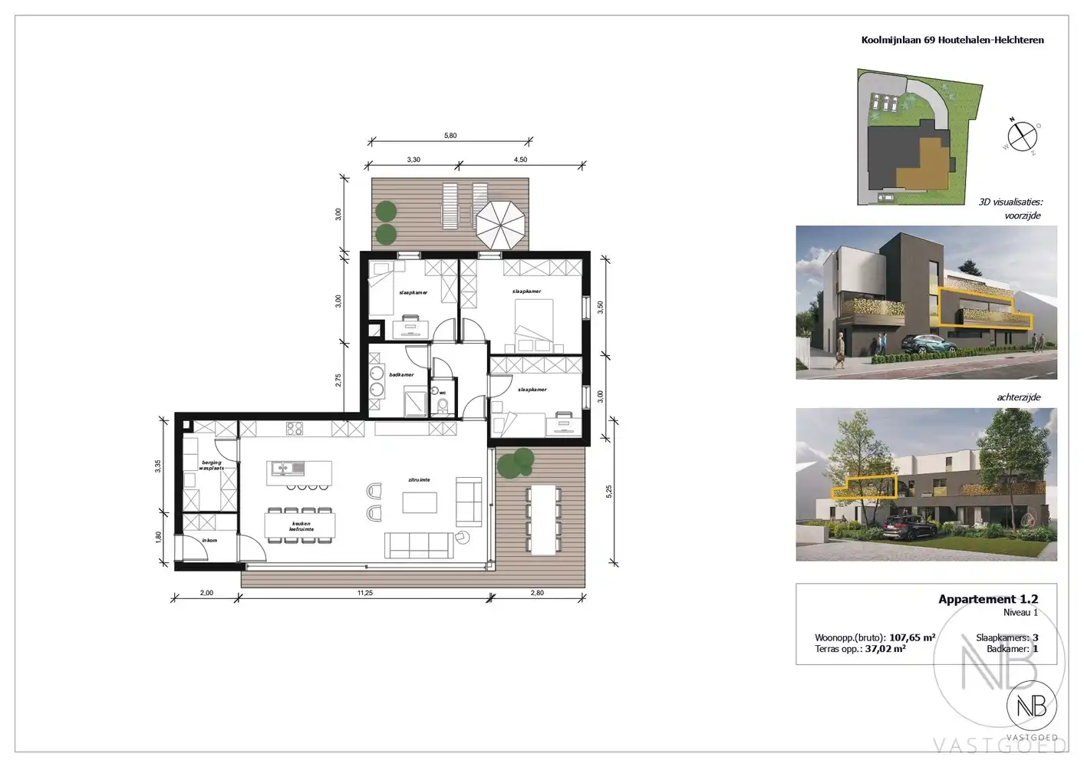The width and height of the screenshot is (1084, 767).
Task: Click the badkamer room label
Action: (x=401, y=375)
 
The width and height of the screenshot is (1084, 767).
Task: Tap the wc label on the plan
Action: (x=443, y=393)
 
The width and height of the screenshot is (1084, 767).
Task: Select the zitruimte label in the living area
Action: (x=419, y=480)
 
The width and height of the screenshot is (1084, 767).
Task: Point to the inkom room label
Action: (x=209, y=541)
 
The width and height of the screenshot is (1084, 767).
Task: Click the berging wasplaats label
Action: (x=212, y=466)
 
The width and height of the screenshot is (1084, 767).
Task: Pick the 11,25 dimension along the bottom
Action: (x=364, y=593)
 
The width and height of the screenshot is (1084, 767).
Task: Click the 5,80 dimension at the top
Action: (x=450, y=136)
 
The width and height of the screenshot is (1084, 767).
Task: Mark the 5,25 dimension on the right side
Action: (x=609, y=492)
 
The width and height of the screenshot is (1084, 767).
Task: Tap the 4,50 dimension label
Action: (x=520, y=160)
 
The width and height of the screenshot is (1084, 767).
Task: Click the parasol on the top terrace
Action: (x=501, y=222)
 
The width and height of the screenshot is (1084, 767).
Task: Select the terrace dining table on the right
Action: (x=545, y=520)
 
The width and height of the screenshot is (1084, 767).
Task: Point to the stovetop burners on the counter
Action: (x=295, y=429)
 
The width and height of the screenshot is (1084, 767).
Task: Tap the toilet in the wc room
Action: (x=443, y=404)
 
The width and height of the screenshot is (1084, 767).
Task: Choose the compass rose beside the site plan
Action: (x=1022, y=137)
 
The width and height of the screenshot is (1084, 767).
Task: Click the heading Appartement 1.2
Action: (x=988, y=599)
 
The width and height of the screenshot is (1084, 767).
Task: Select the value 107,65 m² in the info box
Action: (x=912, y=637)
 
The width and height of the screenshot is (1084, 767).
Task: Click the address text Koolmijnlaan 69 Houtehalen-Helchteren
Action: (x=952, y=40)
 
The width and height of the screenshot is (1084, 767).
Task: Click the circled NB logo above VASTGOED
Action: (x=1031, y=706)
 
